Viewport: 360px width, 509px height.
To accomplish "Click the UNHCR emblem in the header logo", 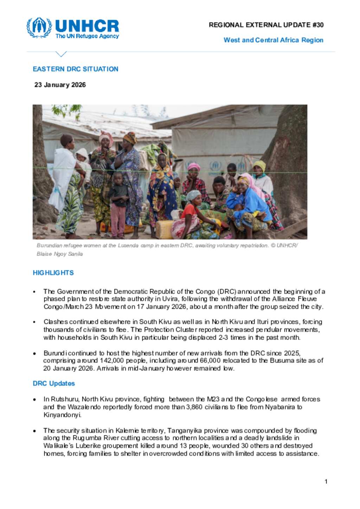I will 39,27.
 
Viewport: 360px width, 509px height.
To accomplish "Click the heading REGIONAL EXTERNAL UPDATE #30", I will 266,25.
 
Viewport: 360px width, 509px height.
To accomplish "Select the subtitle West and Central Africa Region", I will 273,40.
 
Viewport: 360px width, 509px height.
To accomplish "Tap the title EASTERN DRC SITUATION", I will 75,69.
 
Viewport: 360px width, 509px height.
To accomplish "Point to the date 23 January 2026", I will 60,85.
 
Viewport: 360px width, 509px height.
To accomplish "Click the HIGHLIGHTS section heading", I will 53,273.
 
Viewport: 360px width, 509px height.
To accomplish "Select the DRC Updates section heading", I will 54,383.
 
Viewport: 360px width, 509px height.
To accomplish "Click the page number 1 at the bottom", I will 326,482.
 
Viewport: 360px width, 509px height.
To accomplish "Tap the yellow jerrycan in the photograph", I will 165,229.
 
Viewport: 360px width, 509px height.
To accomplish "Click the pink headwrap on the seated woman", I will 194,167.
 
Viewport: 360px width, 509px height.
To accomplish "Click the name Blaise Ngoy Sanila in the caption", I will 60,254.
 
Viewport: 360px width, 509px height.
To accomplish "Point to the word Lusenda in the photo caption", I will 128,246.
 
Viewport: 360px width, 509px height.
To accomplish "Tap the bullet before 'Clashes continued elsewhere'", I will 34,322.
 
